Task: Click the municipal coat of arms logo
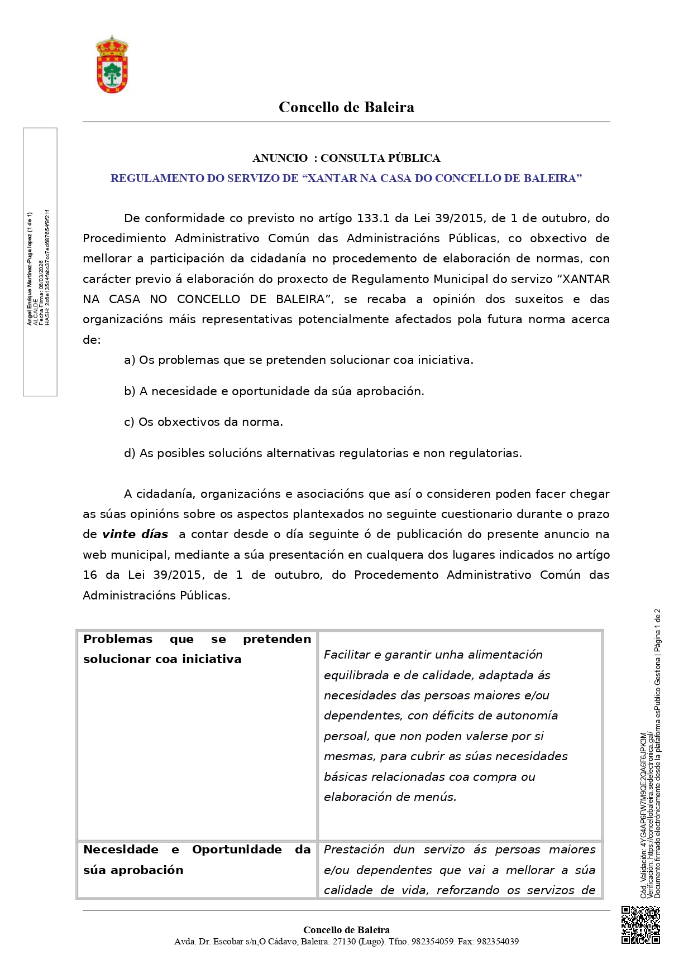click(112, 65)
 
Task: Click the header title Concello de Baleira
click(346, 107)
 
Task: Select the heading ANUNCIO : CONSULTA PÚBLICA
click(346, 158)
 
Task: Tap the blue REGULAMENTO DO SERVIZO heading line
click(346, 178)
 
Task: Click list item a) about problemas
click(298, 360)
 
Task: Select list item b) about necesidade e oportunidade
click(274, 391)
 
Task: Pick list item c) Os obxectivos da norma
click(203, 422)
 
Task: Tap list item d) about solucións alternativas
click(323, 453)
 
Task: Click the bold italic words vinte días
click(135, 534)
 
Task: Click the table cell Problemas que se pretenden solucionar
click(197, 649)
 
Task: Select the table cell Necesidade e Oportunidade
click(197, 860)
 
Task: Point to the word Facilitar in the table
click(347, 655)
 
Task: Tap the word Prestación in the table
click(354, 850)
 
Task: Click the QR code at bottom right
click(641, 925)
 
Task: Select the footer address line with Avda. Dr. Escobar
click(346, 942)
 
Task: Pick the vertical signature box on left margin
click(40, 262)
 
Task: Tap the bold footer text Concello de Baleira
click(346, 930)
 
